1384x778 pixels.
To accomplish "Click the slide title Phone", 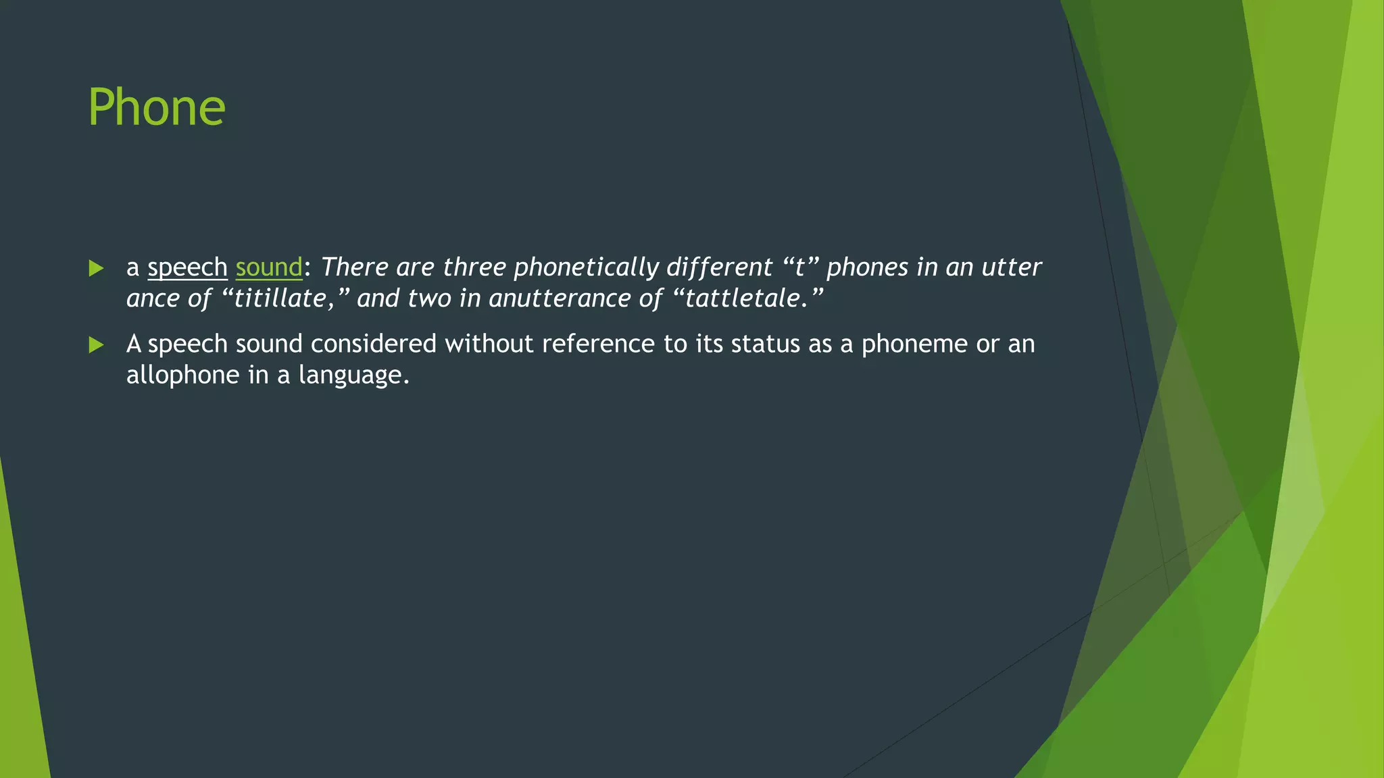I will coord(157,108).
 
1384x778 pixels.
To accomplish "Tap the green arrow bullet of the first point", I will coord(96,269).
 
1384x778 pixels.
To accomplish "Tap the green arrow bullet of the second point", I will coord(96,345).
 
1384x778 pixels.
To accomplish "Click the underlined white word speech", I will coord(187,267).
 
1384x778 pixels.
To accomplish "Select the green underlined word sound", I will coord(268,267).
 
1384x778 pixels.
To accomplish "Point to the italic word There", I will coord(354,267).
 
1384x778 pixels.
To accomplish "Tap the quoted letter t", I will coord(800,267).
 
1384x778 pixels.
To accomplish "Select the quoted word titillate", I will coord(280,299).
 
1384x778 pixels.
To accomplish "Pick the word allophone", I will coord(182,375).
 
